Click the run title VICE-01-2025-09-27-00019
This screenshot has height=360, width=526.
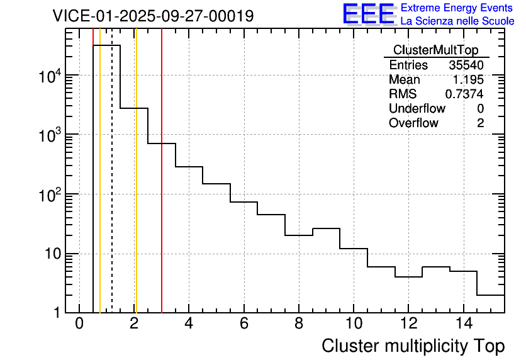tap(153, 16)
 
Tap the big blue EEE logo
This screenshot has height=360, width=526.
tap(368, 14)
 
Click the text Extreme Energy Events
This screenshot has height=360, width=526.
tap(457, 8)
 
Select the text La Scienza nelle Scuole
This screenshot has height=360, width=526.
tap(457, 21)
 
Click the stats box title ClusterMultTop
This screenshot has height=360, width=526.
tap(435, 50)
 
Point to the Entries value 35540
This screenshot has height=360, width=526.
tap(466, 65)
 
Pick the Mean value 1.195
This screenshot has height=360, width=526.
tap(468, 80)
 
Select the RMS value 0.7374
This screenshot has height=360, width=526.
tap(464, 94)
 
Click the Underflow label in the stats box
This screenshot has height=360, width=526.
tap(417, 109)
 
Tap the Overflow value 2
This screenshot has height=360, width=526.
tap(480, 123)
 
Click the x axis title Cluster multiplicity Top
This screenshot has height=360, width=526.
tap(413, 346)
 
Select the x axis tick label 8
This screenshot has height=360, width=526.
tap(298, 324)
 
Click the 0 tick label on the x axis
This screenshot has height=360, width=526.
tap(79, 324)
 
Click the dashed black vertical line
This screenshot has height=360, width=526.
tap(112, 189)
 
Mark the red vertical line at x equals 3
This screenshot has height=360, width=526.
tap(162, 189)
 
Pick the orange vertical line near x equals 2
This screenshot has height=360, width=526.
tap(136, 189)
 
